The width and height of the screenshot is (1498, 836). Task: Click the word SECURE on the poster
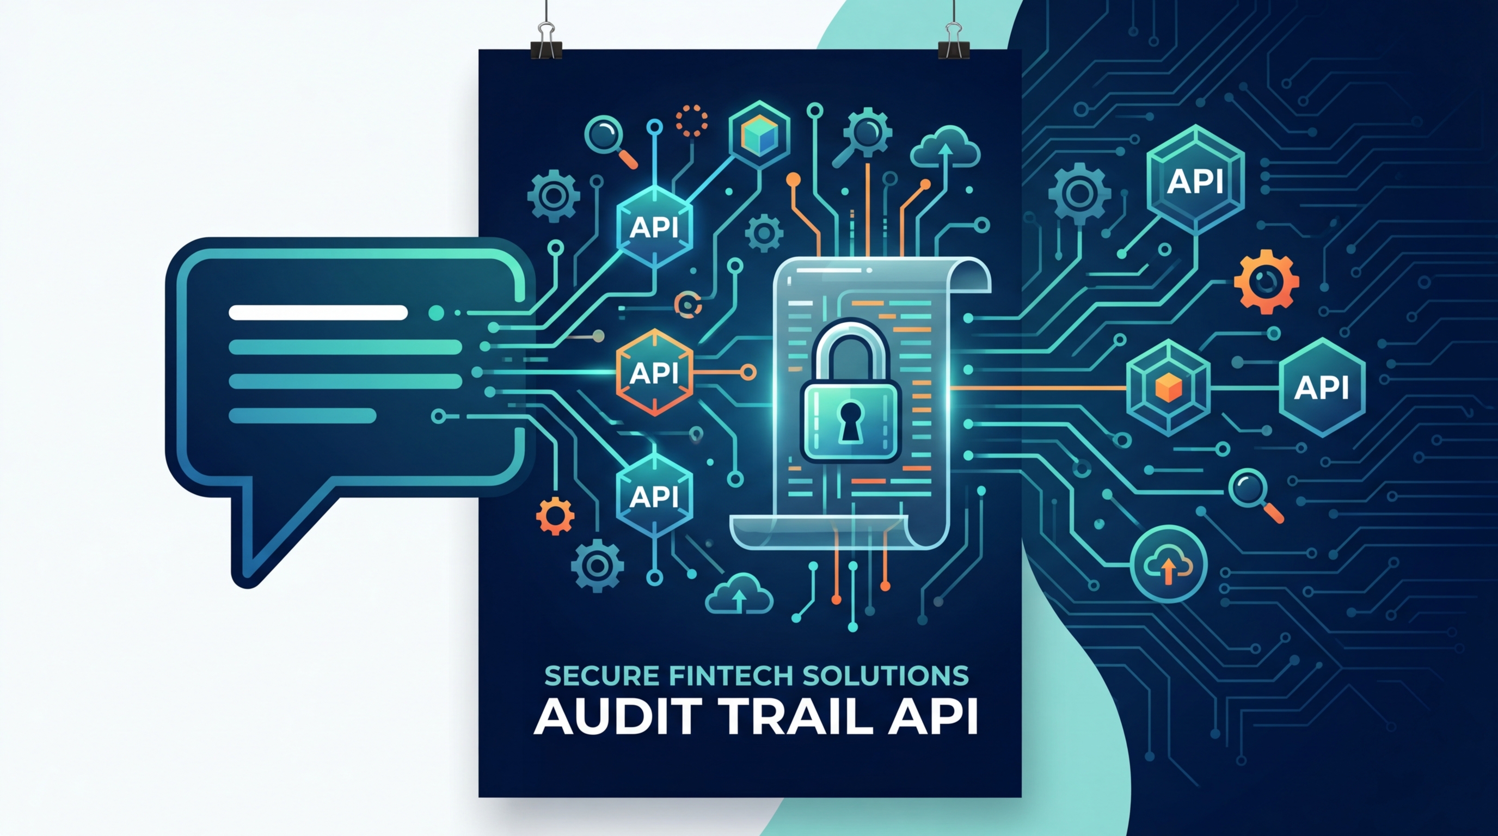tap(602, 675)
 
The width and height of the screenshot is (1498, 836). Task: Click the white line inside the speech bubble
tap(318, 313)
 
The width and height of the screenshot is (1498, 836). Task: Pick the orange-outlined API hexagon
tap(654, 373)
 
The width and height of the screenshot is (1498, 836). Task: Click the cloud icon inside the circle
tap(1168, 563)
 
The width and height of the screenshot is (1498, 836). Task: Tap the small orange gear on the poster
tap(555, 515)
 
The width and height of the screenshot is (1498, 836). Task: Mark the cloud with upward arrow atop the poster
tap(945, 150)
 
